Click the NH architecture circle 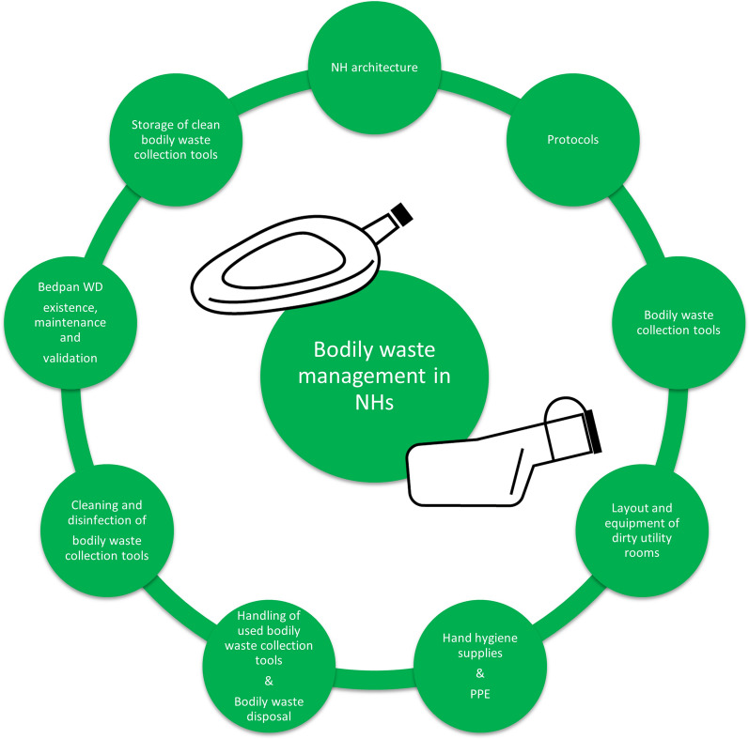[x=364, y=67]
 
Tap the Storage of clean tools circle [x=176, y=141]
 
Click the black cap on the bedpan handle [x=402, y=213]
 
